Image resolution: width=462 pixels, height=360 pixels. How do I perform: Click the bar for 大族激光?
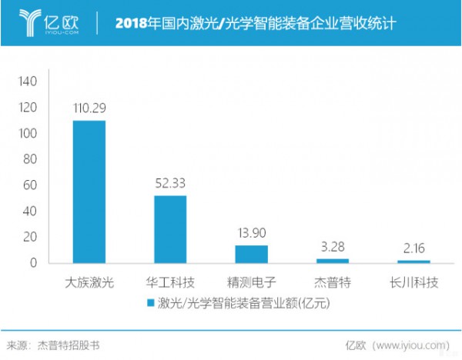tap(89, 192)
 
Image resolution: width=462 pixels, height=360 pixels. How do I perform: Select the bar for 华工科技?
tap(170, 229)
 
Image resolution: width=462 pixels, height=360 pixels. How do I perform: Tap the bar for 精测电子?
tap(251, 254)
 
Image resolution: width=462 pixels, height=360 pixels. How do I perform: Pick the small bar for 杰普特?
tap(333, 261)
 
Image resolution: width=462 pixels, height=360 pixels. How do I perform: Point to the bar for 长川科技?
tap(414, 262)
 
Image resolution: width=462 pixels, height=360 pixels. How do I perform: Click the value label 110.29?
tap(89, 109)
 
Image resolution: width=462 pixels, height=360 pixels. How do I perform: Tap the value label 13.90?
tap(251, 233)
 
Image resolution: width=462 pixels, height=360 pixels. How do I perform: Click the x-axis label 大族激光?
tap(89, 282)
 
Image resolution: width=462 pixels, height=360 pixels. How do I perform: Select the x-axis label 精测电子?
tap(251, 282)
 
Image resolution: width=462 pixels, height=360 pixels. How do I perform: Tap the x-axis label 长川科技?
tap(414, 282)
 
